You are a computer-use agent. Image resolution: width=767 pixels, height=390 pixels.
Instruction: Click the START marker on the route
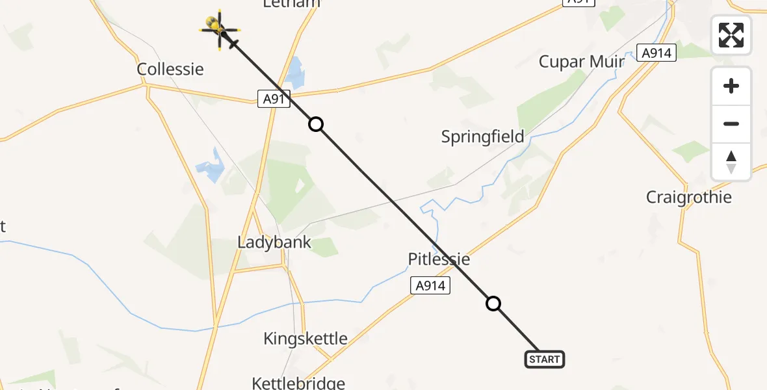544,359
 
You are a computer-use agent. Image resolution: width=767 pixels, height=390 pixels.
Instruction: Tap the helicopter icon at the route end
218,28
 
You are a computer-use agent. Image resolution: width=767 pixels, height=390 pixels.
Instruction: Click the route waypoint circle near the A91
315,123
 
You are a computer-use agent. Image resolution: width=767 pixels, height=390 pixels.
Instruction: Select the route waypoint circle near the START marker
493,304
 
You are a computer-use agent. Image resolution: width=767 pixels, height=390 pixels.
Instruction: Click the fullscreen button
731,35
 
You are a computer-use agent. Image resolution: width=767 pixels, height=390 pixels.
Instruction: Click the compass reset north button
731,162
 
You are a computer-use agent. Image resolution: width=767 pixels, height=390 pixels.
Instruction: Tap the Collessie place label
170,69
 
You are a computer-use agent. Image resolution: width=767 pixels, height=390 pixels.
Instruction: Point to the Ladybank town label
274,242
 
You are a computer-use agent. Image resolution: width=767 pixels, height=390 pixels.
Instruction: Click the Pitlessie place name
439,259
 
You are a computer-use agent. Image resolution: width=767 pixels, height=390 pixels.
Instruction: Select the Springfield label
482,137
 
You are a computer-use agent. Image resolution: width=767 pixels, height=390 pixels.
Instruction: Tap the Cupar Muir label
582,62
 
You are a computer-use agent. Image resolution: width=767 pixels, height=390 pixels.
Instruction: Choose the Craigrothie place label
688,197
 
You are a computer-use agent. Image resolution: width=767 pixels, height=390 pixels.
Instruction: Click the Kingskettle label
305,338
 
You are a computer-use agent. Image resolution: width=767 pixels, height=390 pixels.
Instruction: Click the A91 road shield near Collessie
274,99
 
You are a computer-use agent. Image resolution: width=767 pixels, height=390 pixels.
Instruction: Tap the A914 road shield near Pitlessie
430,285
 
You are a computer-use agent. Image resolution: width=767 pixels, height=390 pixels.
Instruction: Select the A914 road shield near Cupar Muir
656,53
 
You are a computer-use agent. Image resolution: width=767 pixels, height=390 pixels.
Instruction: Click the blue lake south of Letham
296,72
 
